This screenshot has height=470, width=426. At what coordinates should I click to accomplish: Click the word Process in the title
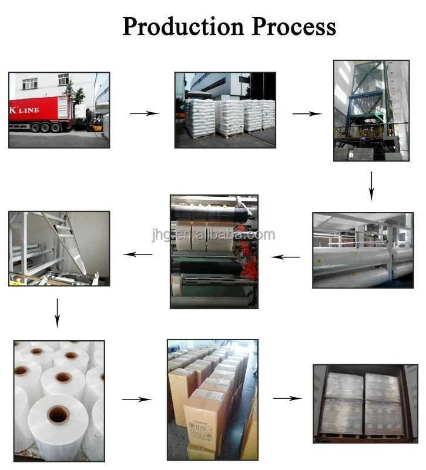point(294,26)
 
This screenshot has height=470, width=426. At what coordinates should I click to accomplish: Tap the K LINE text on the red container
point(24,110)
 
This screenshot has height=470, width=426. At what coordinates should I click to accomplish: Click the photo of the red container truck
point(59,110)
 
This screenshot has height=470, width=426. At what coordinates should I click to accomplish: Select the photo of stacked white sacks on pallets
point(225,110)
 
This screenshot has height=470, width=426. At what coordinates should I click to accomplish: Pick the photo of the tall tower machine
point(371,110)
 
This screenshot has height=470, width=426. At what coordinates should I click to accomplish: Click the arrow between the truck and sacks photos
point(144,113)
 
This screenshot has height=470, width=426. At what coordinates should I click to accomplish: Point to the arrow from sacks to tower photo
point(307,113)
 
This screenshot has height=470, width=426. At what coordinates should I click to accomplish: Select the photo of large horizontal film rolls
point(363,250)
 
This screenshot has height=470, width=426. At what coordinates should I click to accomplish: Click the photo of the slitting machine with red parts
point(214,251)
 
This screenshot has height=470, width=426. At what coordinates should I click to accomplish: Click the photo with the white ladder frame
point(59,249)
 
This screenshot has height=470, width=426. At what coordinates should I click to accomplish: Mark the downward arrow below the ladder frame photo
point(57,313)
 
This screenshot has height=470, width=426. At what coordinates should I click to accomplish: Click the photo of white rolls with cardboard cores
point(59,400)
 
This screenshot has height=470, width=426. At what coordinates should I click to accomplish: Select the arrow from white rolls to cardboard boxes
point(136,399)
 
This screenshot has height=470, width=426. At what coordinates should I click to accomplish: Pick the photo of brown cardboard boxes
point(212,399)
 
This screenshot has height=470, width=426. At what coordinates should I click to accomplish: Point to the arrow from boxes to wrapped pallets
point(287,398)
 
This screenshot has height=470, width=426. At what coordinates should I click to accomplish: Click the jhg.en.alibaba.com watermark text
point(212,235)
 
